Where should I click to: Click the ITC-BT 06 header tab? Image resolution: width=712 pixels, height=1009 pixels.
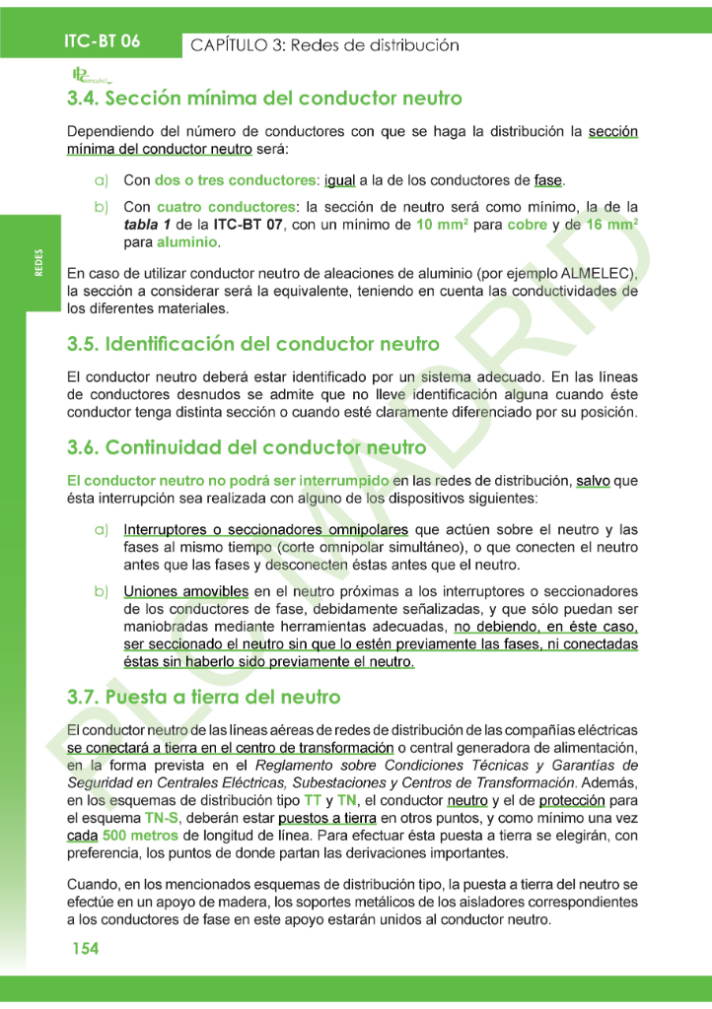click(103, 41)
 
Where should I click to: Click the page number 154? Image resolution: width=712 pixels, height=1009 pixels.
click(85, 948)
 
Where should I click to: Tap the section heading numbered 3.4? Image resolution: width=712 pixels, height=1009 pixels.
click(264, 99)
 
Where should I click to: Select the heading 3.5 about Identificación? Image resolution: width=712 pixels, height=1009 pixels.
click(253, 344)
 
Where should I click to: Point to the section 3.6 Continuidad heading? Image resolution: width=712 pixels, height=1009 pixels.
click(247, 446)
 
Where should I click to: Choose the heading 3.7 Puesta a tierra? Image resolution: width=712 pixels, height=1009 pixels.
click(204, 697)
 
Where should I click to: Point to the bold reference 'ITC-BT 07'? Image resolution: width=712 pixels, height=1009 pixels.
click(249, 225)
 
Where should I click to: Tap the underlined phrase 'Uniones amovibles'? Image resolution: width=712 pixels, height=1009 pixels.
click(185, 591)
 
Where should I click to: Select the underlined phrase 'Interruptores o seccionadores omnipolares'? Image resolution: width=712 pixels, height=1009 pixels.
click(267, 529)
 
